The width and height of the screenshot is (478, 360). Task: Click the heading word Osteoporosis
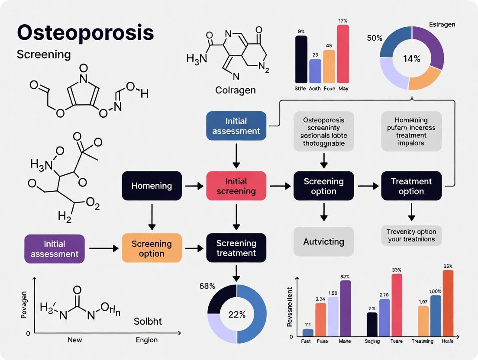85,32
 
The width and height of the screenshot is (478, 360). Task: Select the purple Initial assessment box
55,249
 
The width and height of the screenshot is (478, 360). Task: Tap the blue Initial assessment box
236,125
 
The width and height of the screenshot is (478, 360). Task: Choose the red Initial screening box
236,186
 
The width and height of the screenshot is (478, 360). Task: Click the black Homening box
152,186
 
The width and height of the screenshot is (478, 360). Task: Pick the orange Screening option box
152,248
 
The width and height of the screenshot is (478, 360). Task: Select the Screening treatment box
236,248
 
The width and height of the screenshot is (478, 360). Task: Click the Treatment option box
411,186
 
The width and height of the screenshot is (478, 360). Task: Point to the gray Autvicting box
323,241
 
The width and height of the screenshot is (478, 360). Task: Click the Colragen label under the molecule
236,90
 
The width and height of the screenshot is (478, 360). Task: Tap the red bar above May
343,54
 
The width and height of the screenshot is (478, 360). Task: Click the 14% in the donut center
411,59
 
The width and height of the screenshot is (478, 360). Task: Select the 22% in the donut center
237,314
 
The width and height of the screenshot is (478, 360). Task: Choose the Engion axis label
146,340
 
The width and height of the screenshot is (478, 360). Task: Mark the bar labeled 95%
448,303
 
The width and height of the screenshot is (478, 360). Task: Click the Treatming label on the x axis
422,341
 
